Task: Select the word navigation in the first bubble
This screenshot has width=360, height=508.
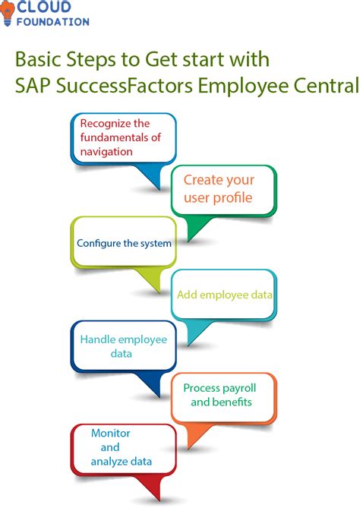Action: (106, 151)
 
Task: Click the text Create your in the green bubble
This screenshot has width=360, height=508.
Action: (218, 181)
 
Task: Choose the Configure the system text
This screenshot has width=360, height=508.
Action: (124, 244)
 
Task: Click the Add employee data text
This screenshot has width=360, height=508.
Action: (225, 295)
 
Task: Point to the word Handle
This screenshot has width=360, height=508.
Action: (96, 339)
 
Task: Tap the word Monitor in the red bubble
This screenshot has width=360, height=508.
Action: (111, 433)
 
